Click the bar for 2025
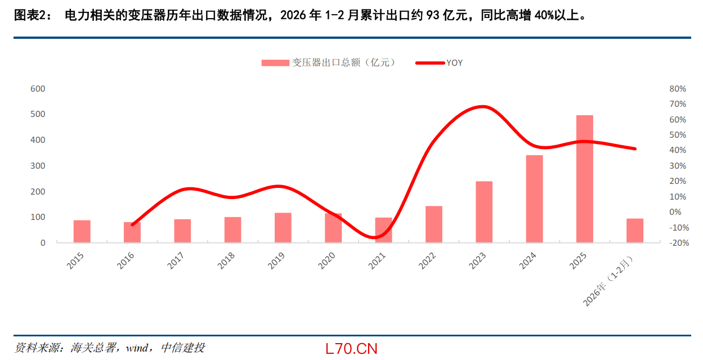[585, 179]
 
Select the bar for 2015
[82, 231]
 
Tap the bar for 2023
[484, 212]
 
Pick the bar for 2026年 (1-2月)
[635, 231]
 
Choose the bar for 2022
[434, 224]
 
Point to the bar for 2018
[233, 230]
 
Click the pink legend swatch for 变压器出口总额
[275, 63]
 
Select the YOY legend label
[454, 63]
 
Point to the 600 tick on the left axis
[38, 89]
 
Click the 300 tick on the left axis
[38, 165]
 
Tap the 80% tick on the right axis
[678, 89]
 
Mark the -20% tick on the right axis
[679, 242]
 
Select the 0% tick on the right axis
[675, 212]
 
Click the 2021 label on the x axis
[377, 261]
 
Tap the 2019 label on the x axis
[276, 261]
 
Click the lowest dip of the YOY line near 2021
[374, 237]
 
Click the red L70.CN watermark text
[351, 349]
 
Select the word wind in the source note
[137, 348]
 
